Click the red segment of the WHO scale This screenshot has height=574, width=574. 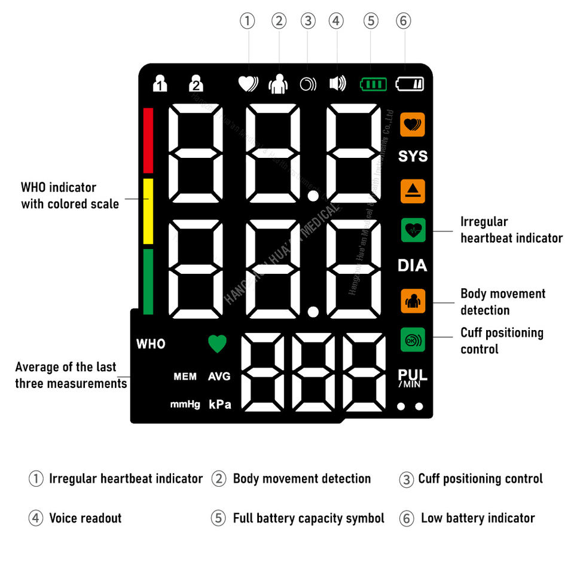pyautogui.click(x=148, y=141)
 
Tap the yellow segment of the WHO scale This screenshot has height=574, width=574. pyautogui.click(x=148, y=211)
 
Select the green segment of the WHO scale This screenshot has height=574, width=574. pyautogui.click(x=148, y=282)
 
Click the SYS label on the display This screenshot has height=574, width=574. pyautogui.click(x=413, y=156)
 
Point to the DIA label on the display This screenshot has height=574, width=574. pyautogui.click(x=413, y=265)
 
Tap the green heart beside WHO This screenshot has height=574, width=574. pyautogui.click(x=218, y=343)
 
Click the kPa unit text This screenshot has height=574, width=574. pyautogui.click(x=219, y=404)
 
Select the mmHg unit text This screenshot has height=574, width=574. pyautogui.click(x=185, y=405)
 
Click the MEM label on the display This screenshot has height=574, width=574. pyautogui.click(x=185, y=377)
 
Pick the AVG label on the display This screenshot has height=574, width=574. pyautogui.click(x=219, y=377)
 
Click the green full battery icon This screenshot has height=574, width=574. pyautogui.click(x=373, y=84)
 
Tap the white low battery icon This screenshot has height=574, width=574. pyautogui.click(x=410, y=84)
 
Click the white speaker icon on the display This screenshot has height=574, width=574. pyautogui.click(x=337, y=84)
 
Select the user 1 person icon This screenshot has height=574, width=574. pyautogui.click(x=160, y=83)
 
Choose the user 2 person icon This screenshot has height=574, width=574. pyautogui.click(x=196, y=83)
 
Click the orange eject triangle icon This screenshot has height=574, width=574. pyautogui.click(x=413, y=191)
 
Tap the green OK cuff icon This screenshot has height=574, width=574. pyautogui.click(x=413, y=340)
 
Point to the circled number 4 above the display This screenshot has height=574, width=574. pyautogui.click(x=337, y=21)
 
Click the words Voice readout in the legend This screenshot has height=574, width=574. pyautogui.click(x=85, y=518)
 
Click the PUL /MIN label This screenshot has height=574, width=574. pyautogui.click(x=413, y=378)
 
